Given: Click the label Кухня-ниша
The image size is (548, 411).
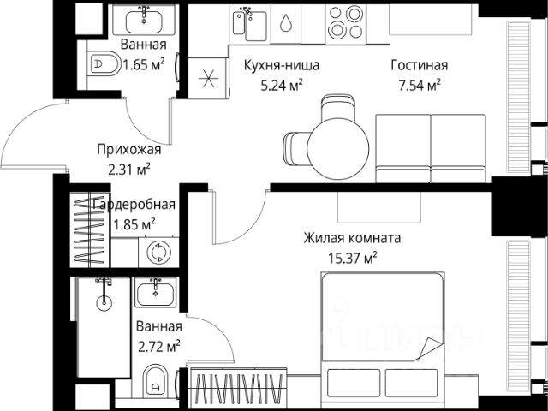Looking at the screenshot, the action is pos(282,65).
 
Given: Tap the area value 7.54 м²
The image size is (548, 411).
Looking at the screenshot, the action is pos(420,85).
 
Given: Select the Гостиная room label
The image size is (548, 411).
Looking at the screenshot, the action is pos(420,65).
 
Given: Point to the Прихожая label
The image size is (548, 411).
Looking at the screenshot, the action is pos(129,150).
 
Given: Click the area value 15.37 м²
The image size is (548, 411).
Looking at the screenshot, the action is pos(352,259).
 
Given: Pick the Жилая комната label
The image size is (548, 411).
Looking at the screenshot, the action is pos(352,238).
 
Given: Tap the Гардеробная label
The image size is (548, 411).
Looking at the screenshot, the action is pos(134,205).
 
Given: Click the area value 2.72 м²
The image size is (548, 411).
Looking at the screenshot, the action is pos(159,347).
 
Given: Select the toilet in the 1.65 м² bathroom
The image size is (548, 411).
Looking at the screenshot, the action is pos(103,63).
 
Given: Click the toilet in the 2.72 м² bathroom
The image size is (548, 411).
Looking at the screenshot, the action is pos(156,381).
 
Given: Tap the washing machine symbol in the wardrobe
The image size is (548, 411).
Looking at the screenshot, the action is pos(159,252).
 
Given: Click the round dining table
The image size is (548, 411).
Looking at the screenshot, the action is pos(338,149).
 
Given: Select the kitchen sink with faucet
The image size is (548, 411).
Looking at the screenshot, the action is pos(250,24).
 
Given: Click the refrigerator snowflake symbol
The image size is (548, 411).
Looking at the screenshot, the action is pos(209,78).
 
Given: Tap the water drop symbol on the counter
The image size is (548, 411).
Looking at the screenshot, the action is pos(285,22).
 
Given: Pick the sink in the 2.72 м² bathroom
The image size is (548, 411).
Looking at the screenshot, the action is pos(156,293).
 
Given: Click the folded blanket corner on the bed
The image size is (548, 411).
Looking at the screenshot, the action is pos(430,348).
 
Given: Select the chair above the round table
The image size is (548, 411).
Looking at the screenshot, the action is pos(338,108).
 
